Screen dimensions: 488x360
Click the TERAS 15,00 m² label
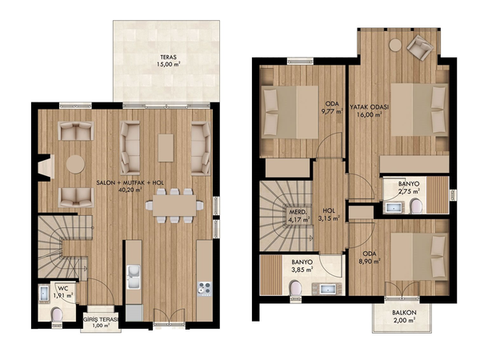[168, 61]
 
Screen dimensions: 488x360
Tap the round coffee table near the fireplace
[75, 164]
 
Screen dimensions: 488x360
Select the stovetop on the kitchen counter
[205, 289]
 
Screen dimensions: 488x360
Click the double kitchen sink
[134, 277]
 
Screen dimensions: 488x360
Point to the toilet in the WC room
[57, 314]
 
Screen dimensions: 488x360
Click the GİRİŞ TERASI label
[101, 320]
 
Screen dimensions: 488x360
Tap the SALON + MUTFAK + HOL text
[130, 183]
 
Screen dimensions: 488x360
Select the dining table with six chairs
[174, 206]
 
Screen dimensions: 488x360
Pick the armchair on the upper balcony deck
[420, 47]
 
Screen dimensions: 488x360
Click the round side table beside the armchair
[395, 45]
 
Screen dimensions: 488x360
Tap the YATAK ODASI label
[370, 107]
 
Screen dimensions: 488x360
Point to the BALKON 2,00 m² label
[404, 316]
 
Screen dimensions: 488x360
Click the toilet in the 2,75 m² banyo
[416, 206]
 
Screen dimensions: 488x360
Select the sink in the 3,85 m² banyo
[327, 289]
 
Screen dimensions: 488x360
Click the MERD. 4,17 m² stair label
[298, 216]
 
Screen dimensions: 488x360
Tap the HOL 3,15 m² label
[329, 214]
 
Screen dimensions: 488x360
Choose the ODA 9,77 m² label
[334, 107]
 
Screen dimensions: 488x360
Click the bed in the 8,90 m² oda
[419, 256]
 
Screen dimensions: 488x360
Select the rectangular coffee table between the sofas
[166, 148]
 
